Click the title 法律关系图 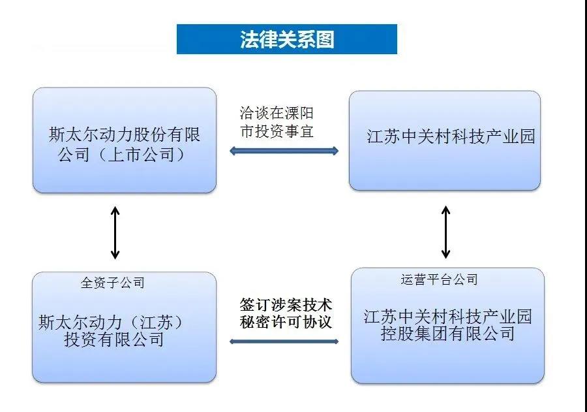(287, 39)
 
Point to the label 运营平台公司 (439, 279)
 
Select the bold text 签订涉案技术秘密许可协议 (284, 313)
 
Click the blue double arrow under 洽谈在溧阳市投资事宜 (284, 151)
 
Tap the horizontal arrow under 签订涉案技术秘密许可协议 (284, 341)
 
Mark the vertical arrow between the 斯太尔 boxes (115, 232)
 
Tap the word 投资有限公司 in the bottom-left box (113, 339)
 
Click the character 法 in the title (248, 39)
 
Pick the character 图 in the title (325, 39)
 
